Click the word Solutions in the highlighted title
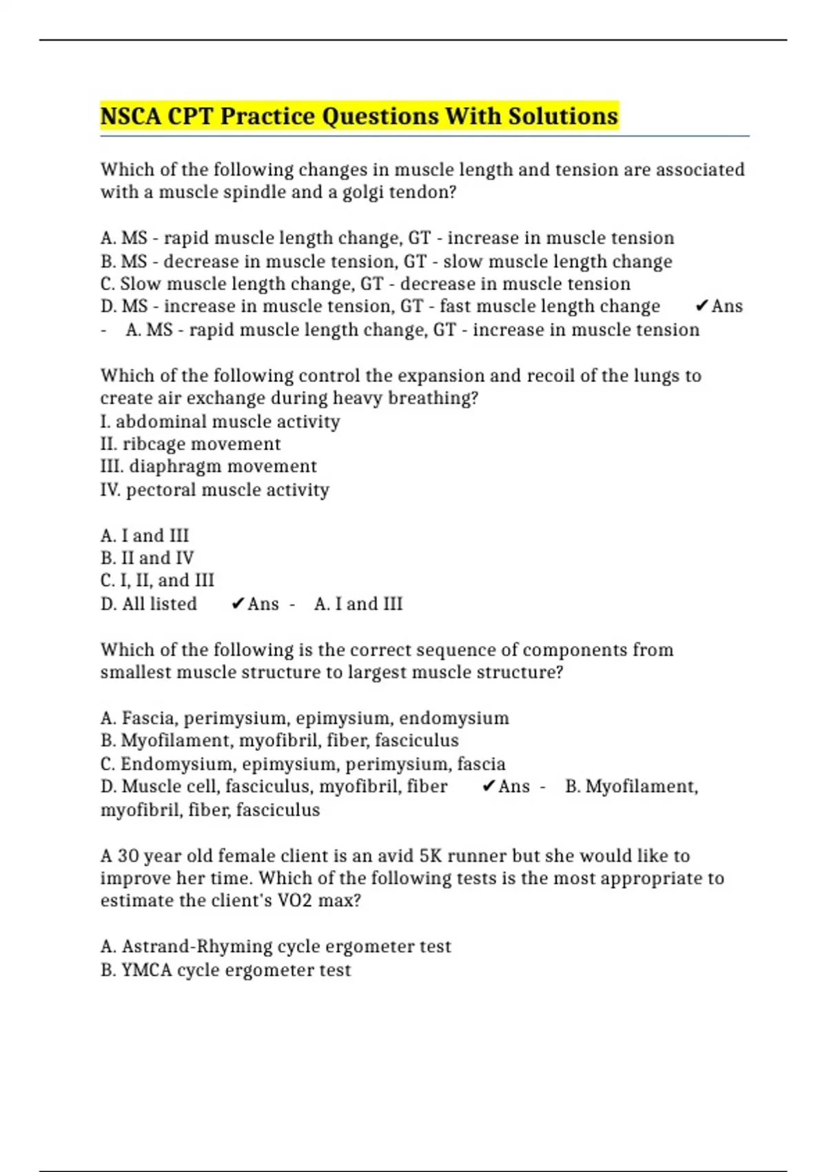(x=563, y=116)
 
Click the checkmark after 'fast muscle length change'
(x=702, y=305)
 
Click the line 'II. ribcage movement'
(x=190, y=443)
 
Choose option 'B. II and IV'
(x=147, y=557)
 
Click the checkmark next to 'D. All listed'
(x=238, y=603)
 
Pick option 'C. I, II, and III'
(x=157, y=580)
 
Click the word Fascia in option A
(x=150, y=718)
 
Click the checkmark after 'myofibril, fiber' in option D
(x=488, y=786)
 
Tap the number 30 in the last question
(x=128, y=856)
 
